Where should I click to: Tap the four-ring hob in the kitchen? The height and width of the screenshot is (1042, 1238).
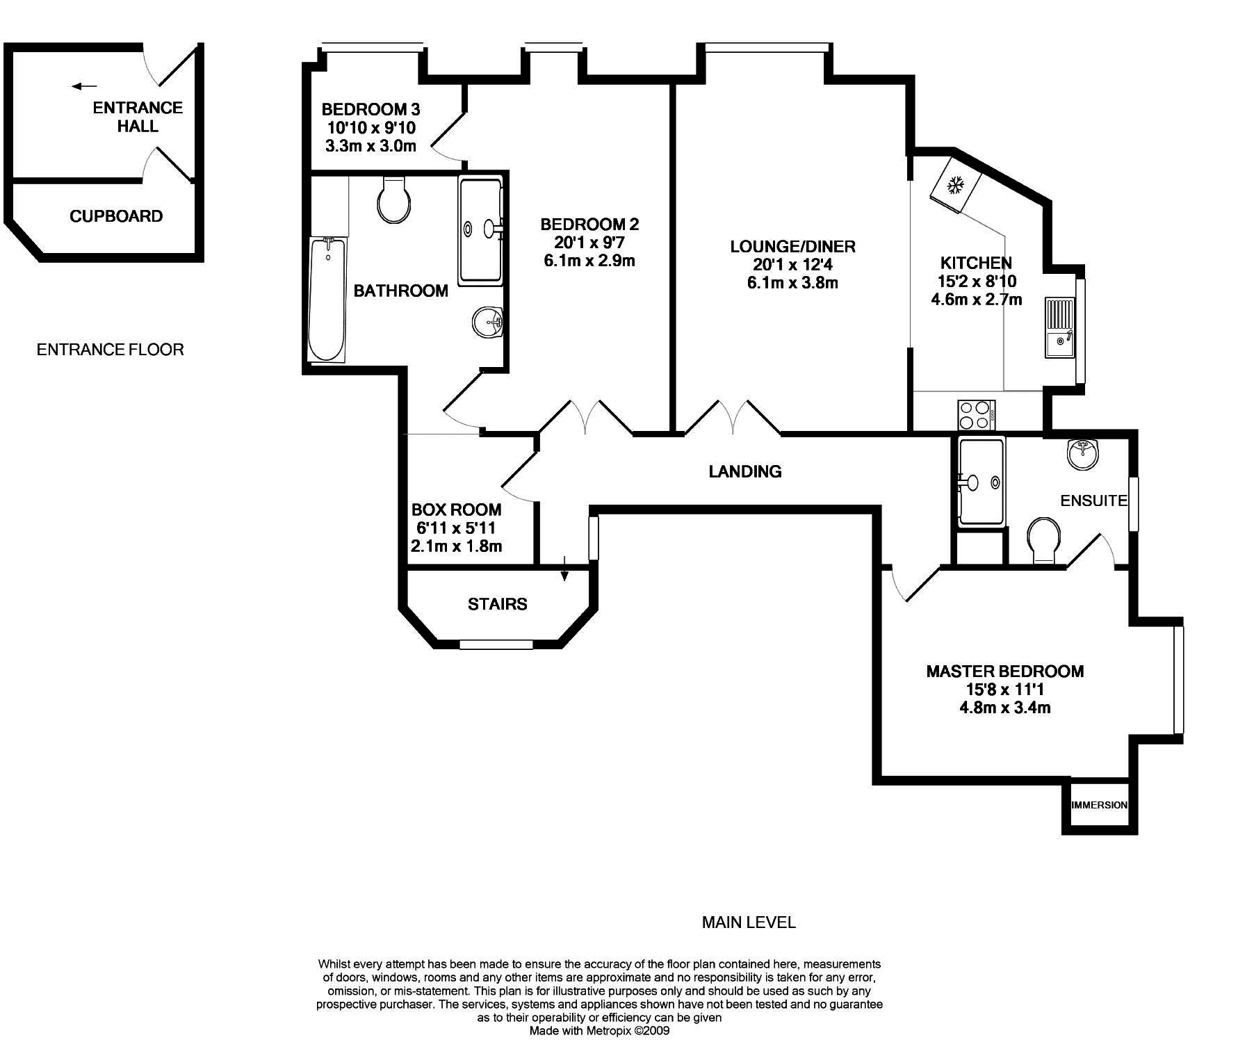pyautogui.click(x=976, y=415)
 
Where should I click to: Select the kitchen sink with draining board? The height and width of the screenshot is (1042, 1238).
pyautogui.click(x=1059, y=327)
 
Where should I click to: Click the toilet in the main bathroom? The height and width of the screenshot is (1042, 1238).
pyautogui.click(x=392, y=200)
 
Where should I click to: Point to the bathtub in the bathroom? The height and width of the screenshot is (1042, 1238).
pyautogui.click(x=327, y=299)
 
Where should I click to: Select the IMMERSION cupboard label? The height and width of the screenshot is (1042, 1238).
pyautogui.click(x=1100, y=805)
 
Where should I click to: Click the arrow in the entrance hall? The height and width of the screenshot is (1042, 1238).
pyautogui.click(x=85, y=86)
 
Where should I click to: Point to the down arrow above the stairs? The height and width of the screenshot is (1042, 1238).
pyautogui.click(x=564, y=568)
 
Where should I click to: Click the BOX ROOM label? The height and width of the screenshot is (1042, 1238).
pyautogui.click(x=456, y=510)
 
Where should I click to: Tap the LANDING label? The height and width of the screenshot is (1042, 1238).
pyautogui.click(x=745, y=471)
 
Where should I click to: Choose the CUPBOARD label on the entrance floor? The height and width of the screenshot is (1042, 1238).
pyautogui.click(x=116, y=216)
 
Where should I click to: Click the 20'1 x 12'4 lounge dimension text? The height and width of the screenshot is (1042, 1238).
pyautogui.click(x=792, y=264)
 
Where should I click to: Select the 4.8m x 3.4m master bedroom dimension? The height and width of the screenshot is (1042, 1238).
pyautogui.click(x=1005, y=708)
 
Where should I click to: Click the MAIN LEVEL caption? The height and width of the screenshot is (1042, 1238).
pyautogui.click(x=749, y=922)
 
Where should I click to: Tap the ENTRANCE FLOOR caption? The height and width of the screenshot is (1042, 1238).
pyautogui.click(x=111, y=350)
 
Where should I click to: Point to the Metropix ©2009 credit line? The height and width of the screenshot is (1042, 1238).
pyautogui.click(x=599, y=1031)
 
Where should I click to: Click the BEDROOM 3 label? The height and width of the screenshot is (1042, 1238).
pyautogui.click(x=370, y=109)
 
